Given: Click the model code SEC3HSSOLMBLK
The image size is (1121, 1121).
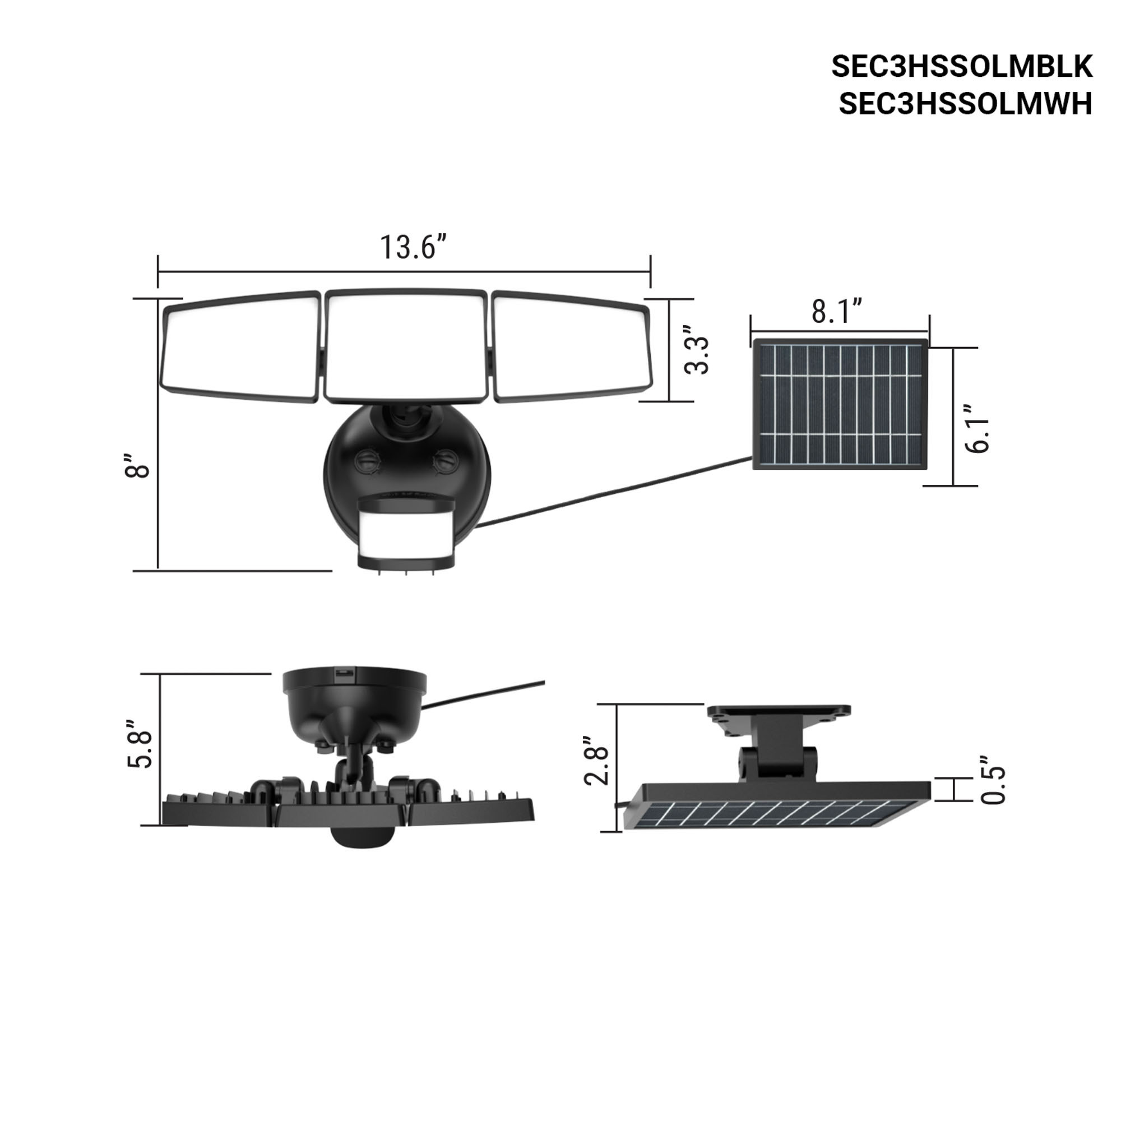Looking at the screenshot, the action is coord(962,67).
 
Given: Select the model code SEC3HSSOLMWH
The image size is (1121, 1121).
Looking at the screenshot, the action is coord(966,104).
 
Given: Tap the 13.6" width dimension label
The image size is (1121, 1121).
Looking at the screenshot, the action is coord(414,247).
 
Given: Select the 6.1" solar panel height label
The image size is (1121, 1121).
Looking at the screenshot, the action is coord(977,428).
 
